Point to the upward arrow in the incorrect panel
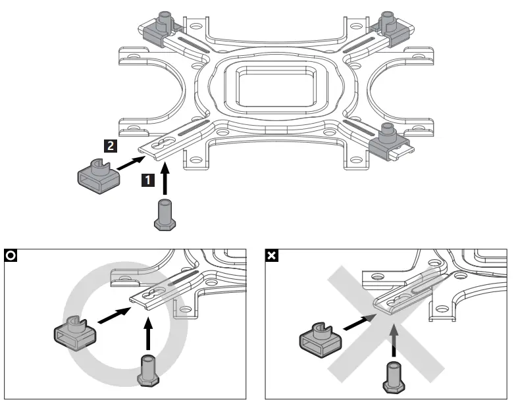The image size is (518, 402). (x=393, y=338)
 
